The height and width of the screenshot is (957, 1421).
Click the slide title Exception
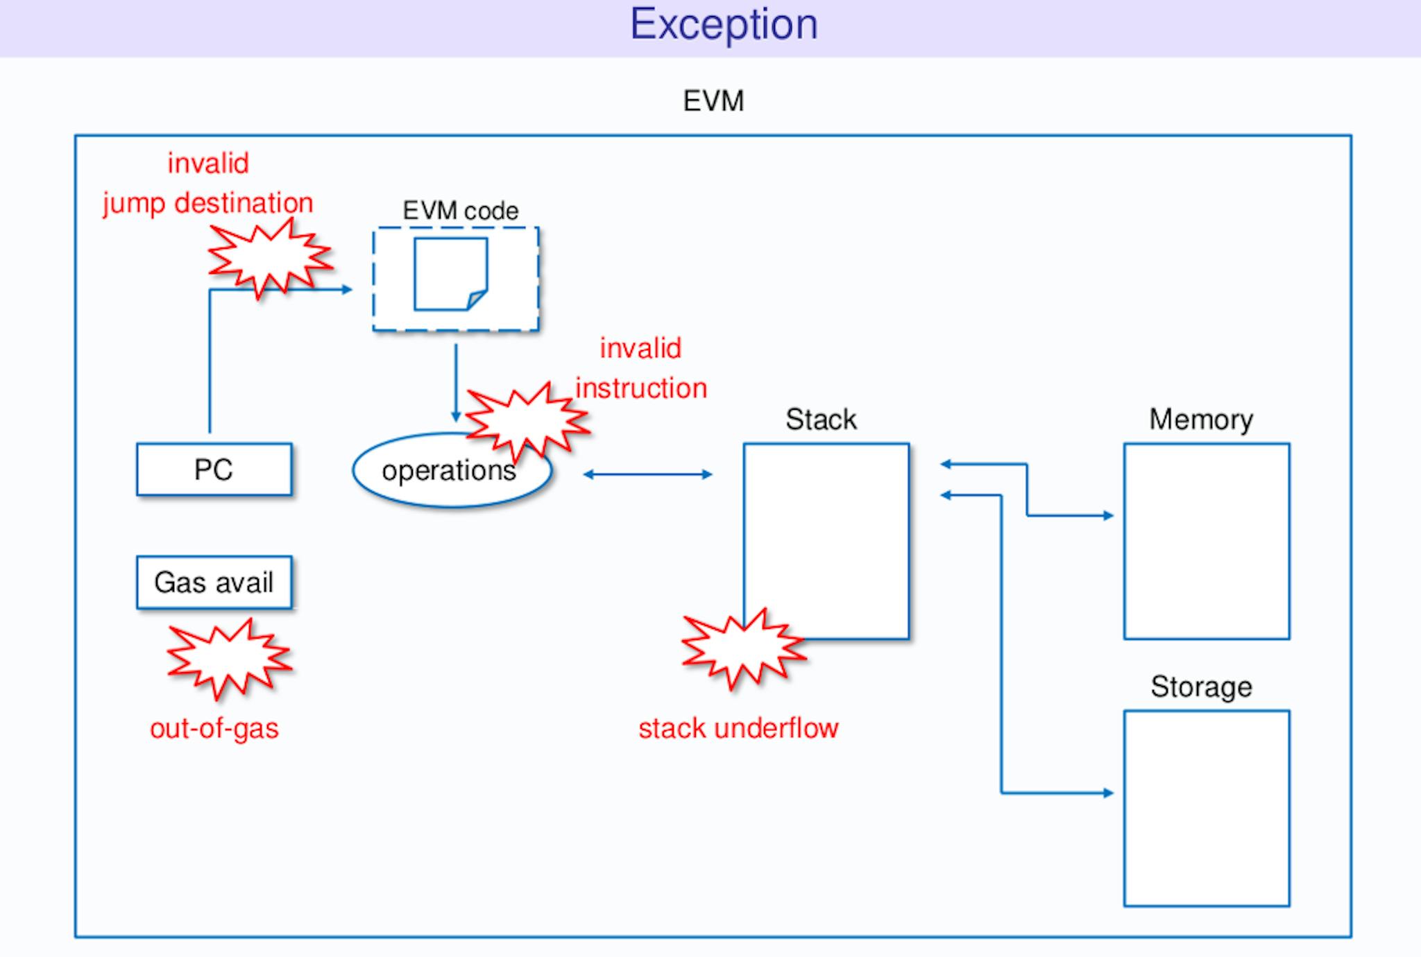(x=724, y=25)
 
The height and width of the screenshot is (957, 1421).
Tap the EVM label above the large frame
(x=713, y=101)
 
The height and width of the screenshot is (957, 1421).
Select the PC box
(x=214, y=469)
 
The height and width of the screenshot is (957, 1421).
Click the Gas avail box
(x=214, y=583)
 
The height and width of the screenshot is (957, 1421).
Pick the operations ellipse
(x=452, y=471)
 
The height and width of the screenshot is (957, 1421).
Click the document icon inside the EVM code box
(x=451, y=275)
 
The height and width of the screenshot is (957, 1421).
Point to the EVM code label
(x=461, y=211)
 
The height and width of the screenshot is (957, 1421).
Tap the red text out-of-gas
(x=214, y=729)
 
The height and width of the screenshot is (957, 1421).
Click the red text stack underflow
(x=738, y=729)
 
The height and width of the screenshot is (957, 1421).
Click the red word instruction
(x=641, y=388)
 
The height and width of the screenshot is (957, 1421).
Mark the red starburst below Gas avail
(x=229, y=657)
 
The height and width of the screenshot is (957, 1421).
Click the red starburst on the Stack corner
(x=743, y=648)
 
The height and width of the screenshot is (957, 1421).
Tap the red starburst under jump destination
(x=270, y=258)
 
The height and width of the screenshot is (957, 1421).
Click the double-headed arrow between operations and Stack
(x=647, y=474)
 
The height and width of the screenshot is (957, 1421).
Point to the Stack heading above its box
(x=821, y=420)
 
